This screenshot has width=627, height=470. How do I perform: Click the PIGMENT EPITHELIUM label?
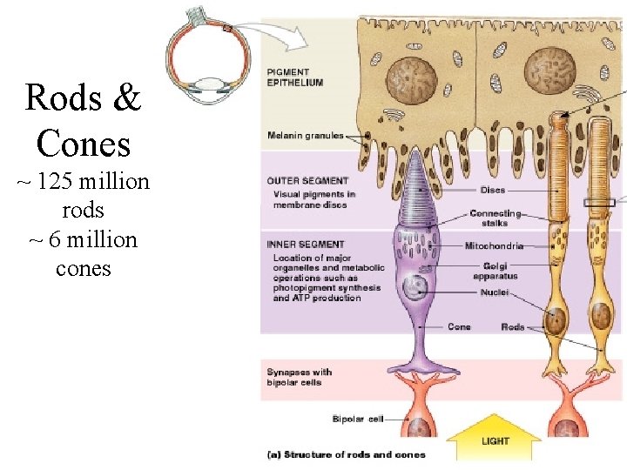tap(294, 77)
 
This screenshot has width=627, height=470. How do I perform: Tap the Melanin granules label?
tap(306, 136)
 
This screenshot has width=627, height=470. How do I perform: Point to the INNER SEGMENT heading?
tap(306, 245)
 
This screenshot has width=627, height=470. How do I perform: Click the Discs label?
tap(492, 190)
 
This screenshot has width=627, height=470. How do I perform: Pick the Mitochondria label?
tap(494, 246)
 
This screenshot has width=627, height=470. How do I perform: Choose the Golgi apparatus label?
tap(496, 271)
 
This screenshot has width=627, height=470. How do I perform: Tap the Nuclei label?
tap(494, 292)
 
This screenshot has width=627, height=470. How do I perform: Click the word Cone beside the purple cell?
tap(459, 327)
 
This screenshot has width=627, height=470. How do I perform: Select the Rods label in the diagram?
tap(513, 327)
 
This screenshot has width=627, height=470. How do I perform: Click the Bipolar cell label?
tap(357, 420)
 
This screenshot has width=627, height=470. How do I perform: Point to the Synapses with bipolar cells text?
tap(299, 377)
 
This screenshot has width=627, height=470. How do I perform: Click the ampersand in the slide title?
tap(127, 98)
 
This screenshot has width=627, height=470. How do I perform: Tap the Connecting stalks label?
tap(495, 218)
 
